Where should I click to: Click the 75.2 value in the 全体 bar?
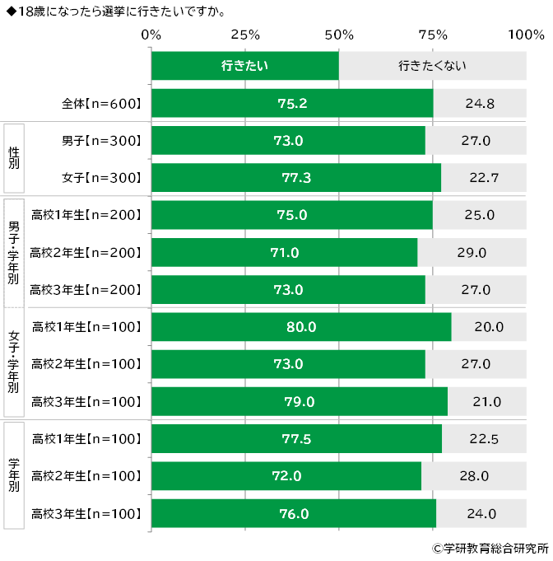[292, 104]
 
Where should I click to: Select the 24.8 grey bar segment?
[480, 104]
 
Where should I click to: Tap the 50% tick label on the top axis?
[339, 35]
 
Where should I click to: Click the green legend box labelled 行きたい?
[245, 65]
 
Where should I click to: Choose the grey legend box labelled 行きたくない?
[433, 65]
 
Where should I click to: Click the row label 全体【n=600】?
[102, 104]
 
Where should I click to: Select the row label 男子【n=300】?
[102, 141]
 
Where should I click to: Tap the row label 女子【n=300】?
[102, 178]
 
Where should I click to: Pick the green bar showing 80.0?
[301, 327]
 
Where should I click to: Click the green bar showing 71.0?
[284, 252]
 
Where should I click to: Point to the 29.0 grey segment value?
[472, 252]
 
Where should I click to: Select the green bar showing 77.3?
[296, 178]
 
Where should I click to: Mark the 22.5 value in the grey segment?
[484, 439]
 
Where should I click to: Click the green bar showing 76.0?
[294, 514]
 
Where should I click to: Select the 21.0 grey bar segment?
[486, 402]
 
